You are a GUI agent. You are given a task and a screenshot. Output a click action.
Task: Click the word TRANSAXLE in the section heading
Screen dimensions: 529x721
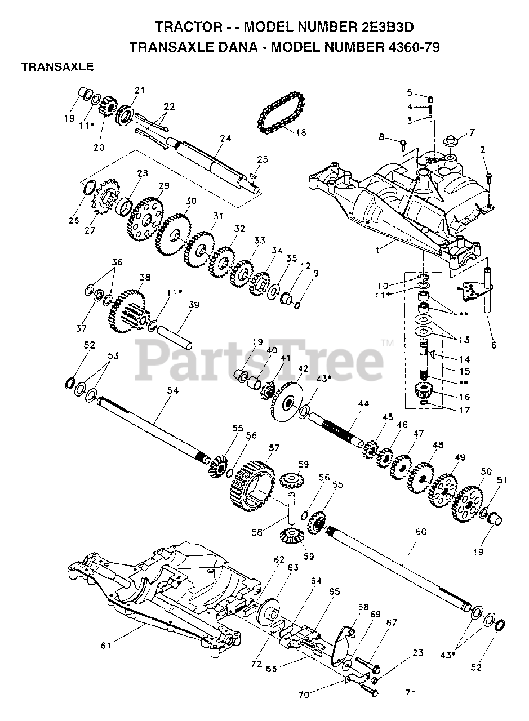[57, 67]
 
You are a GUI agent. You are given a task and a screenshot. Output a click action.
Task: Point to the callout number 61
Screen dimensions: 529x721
[106, 646]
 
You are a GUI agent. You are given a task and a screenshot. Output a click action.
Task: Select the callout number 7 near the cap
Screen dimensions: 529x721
[472, 132]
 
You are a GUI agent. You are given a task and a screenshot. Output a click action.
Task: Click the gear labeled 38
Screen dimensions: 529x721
[128, 310]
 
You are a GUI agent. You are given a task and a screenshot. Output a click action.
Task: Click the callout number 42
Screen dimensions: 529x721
[303, 368]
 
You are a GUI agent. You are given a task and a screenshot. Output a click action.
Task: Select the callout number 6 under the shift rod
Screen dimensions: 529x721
[494, 345]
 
